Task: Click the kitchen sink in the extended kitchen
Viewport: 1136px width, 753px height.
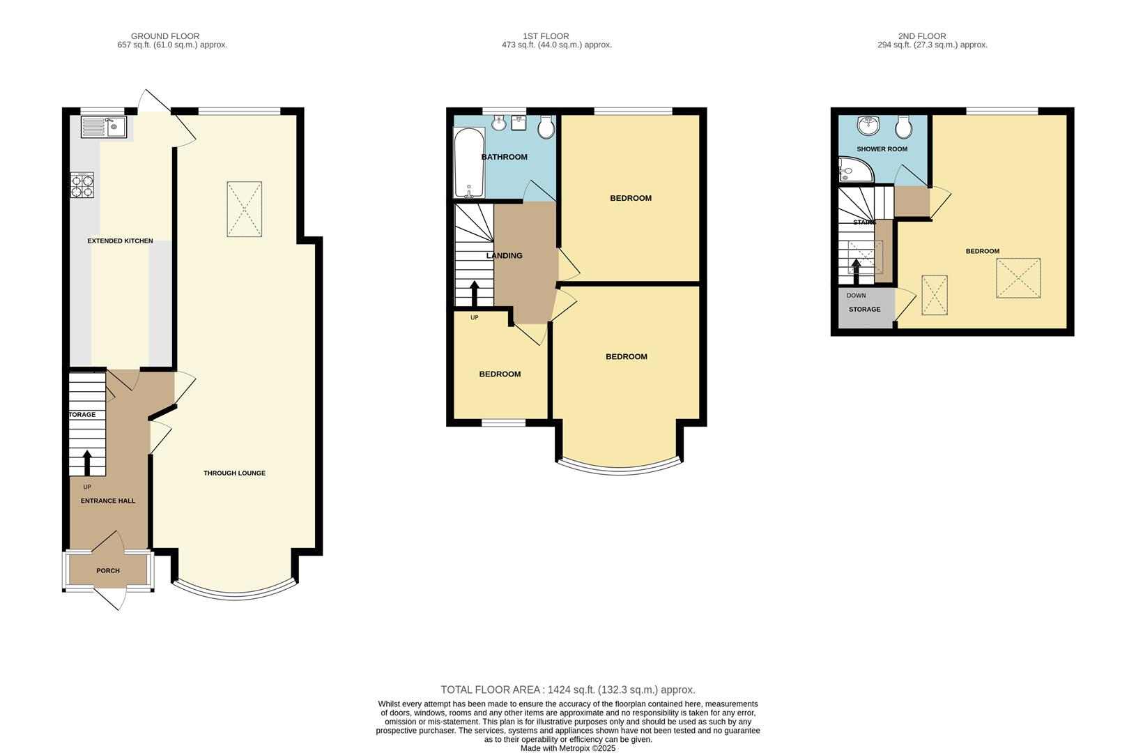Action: pos(102,127)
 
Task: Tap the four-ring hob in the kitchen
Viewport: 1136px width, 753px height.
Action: pos(82,185)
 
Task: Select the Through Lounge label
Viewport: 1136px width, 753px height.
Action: pos(234,473)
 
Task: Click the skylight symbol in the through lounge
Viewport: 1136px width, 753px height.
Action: pos(244,209)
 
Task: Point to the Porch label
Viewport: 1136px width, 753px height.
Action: pos(108,571)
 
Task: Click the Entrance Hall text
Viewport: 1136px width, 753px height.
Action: pos(108,501)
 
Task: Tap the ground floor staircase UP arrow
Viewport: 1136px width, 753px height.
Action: pos(87,462)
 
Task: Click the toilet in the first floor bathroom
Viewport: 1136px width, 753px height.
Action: pos(546,126)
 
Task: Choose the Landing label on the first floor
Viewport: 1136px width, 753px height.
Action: pos(504,256)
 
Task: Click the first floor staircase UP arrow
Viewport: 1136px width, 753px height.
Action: pos(474,293)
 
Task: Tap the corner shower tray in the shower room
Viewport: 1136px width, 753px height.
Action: pos(850,169)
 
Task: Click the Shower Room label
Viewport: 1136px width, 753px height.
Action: pos(882,149)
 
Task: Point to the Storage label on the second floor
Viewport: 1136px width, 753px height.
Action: pos(864,310)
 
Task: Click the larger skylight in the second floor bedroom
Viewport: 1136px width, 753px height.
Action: pos(1018,278)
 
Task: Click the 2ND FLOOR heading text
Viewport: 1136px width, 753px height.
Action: pos(921,36)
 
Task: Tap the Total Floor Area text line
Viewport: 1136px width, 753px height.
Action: pos(567,690)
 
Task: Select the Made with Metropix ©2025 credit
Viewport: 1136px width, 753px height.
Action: pos(567,748)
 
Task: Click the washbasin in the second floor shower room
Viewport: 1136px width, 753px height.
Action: pos(867,126)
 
